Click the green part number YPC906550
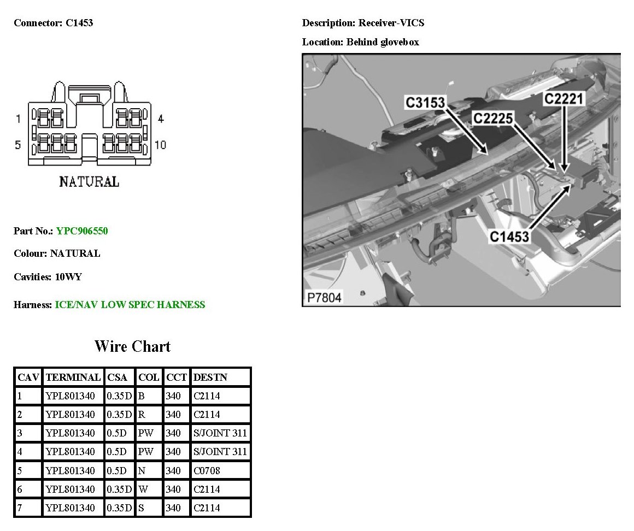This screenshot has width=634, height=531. pos(82,231)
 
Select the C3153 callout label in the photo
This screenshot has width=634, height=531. pos(425,102)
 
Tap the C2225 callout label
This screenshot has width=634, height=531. pos(493,118)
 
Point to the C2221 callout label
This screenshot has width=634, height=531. pos(563,99)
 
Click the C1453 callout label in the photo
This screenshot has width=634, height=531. pos(509,237)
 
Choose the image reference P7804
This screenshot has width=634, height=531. pos(324,298)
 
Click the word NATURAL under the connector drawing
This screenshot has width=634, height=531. pos(89,181)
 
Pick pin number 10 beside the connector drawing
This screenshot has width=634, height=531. pos(161,145)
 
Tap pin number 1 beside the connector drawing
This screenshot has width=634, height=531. pos(18,119)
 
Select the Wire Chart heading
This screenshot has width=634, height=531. pos(132,346)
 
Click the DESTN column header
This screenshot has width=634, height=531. pos(210,377)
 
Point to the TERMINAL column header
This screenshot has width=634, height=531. pos(73,377)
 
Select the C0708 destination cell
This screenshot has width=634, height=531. pos(206,470)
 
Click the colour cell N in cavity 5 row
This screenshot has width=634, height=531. pos(142,470)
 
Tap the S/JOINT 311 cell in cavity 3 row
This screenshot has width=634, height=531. pos(220,433)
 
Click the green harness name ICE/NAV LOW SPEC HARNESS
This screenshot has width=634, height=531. pos(130,305)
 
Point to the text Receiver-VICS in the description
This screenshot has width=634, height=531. pos(391,23)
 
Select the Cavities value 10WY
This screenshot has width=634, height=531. pos(68,277)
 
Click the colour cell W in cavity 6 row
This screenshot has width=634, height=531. pos(142,489)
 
